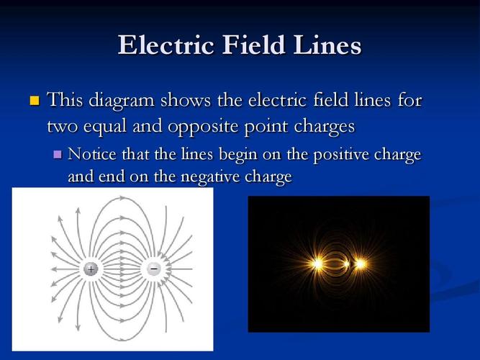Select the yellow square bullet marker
pyautogui.click(x=33, y=99)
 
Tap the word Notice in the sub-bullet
pyautogui.click(x=90, y=154)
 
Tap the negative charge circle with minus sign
pyautogui.click(x=154, y=269)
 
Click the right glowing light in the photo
pyautogui.click(x=360, y=264)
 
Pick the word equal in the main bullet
pyautogui.click(x=104, y=126)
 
